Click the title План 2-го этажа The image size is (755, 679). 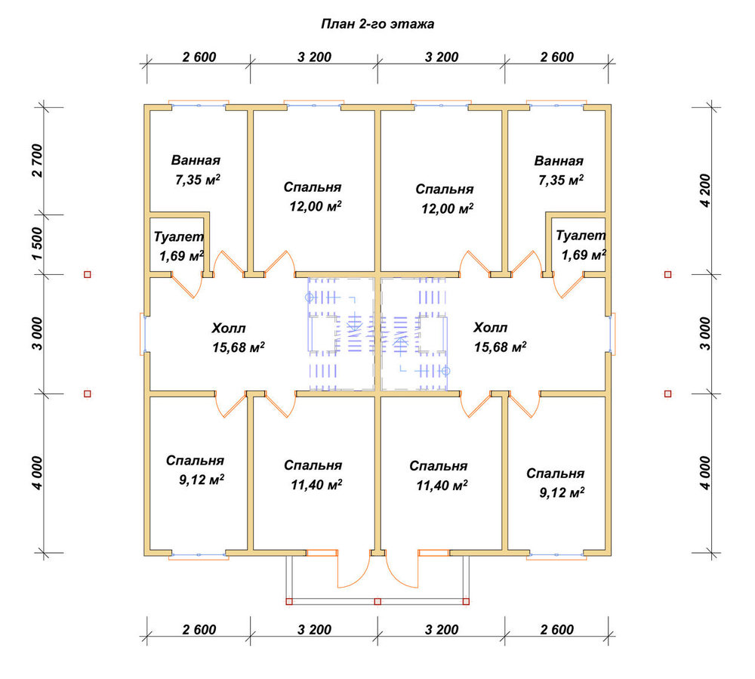pyautogui.click(x=377, y=24)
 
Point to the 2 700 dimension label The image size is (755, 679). pyautogui.click(x=37, y=161)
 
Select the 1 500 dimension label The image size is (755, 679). pyautogui.click(x=37, y=244)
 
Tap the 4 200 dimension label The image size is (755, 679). pyautogui.click(x=705, y=190)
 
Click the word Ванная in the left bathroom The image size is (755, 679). pyautogui.click(x=196, y=160)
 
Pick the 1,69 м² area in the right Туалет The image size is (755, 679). pyautogui.click(x=584, y=255)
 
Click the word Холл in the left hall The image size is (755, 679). pyautogui.click(x=228, y=329)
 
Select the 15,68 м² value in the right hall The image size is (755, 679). pyautogui.click(x=500, y=347)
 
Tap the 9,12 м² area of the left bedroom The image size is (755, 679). pyautogui.click(x=202, y=480)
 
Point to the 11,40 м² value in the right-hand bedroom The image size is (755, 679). pyautogui.click(x=442, y=486)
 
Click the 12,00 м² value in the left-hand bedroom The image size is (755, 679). pyautogui.click(x=316, y=207)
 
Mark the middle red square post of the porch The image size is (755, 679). pyautogui.click(x=377, y=601)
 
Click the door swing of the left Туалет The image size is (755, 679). pyautogui.click(x=188, y=285)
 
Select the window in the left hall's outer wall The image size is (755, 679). pyautogui.click(x=143, y=334)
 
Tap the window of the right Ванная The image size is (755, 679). pyautogui.click(x=556, y=104)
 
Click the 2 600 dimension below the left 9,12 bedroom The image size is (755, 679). pyautogui.click(x=199, y=630)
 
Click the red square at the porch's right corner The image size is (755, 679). pyautogui.click(x=466, y=601)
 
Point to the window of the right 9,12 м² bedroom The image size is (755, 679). pyautogui.click(x=556, y=556)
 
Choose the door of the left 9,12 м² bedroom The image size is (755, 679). pyautogui.click(x=231, y=406)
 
